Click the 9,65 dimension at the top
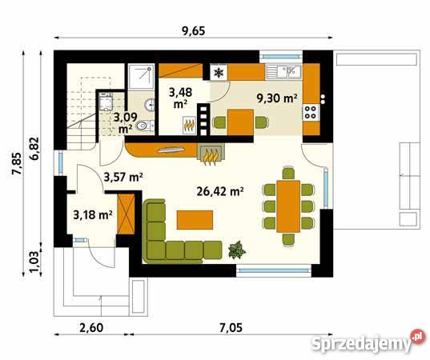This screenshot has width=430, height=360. tap(194, 31)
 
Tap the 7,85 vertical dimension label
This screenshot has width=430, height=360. tap(16, 163)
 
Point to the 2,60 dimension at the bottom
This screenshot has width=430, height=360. tap(91, 327)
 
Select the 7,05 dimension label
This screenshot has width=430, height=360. tap(231, 327)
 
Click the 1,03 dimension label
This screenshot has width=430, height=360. tap(34, 262)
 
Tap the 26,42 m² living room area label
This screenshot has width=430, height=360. tap(220, 191)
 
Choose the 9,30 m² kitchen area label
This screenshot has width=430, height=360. tap(277, 98)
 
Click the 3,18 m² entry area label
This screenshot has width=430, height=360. tap(93, 214)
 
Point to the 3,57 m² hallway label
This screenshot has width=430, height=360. tap(123, 178)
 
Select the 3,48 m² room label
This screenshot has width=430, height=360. tap(180, 98)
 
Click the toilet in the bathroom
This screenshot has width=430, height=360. tap(145, 126)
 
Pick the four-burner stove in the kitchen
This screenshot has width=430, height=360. tap(311, 112)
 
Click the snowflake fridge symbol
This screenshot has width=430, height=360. tap(219, 73)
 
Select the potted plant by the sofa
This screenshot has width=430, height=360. tap(237, 250)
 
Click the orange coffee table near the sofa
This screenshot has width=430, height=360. tap(195, 220)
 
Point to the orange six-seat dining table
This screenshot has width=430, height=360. tap(288, 206)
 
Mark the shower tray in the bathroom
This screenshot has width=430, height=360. tap(141, 76)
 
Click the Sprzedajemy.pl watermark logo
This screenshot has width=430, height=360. tap(369, 341)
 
